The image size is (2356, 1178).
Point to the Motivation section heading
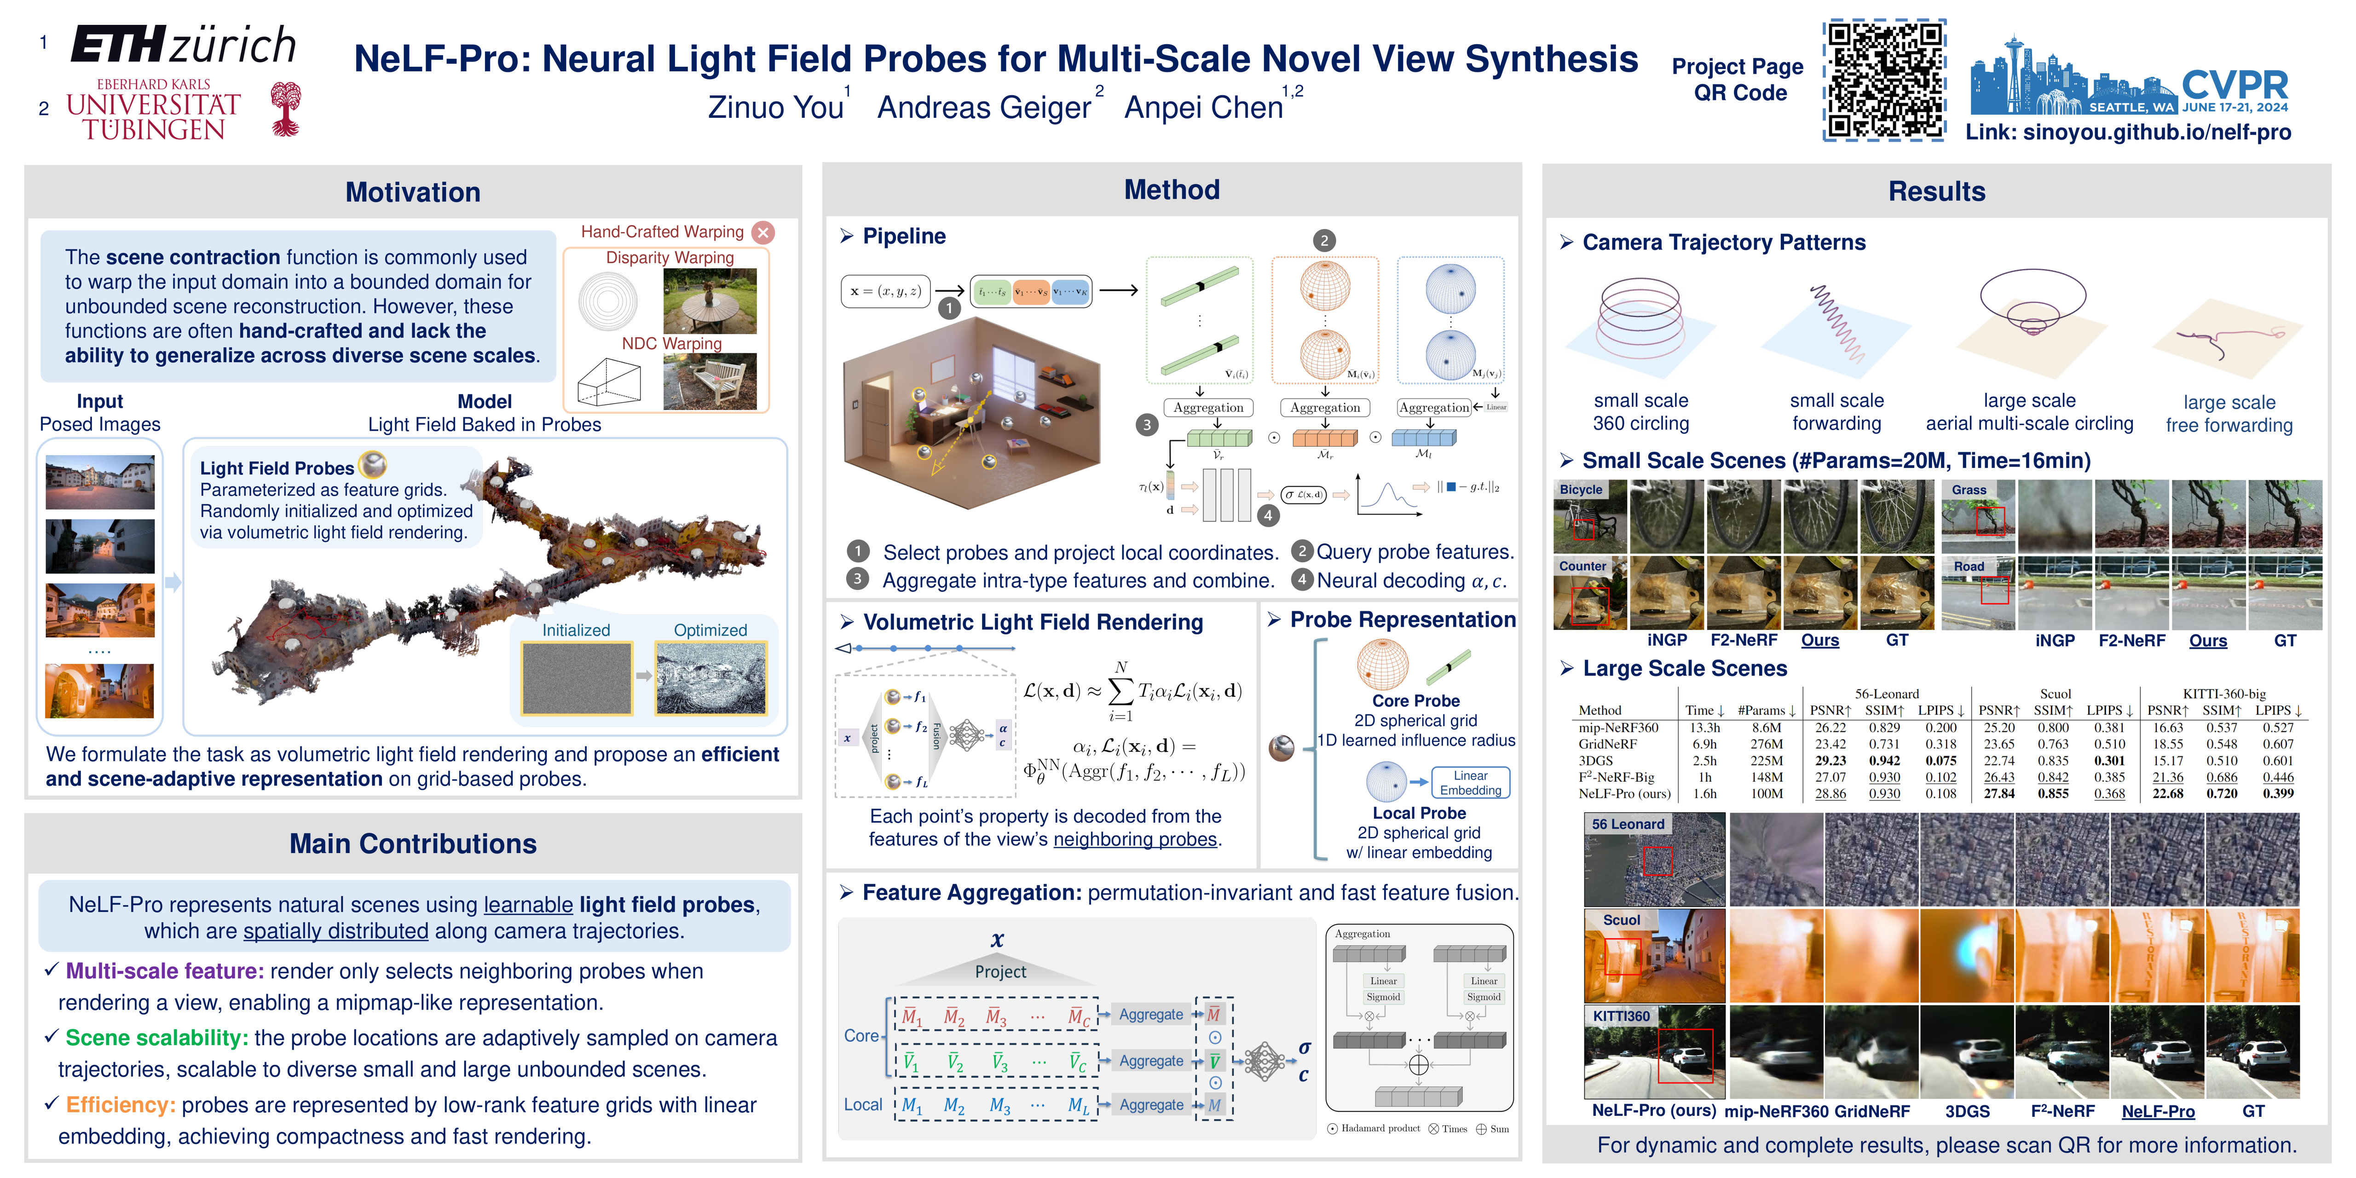[x=412, y=192]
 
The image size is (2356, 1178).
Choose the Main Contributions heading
[x=412, y=843]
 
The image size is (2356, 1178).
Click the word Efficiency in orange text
[x=120, y=1105]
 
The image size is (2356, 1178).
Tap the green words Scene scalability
[x=156, y=1038]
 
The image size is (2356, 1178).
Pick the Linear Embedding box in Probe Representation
[x=1470, y=783]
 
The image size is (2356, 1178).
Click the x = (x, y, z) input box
[x=884, y=291]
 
